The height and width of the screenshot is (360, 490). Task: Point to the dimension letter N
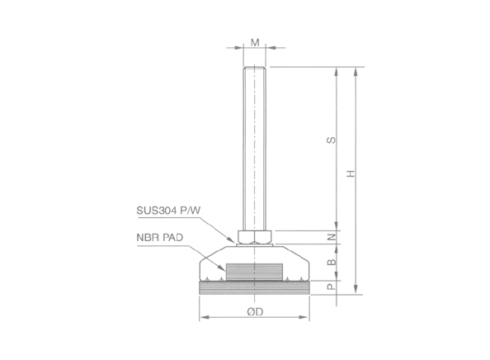point(330,237)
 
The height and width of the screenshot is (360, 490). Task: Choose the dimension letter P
point(330,287)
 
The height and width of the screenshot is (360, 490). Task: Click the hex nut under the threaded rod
point(255,238)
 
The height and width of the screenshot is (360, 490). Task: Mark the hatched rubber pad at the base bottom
point(255,287)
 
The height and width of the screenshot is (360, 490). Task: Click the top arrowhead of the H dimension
point(356,70)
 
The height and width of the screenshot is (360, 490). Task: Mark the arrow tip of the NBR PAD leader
point(225,267)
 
